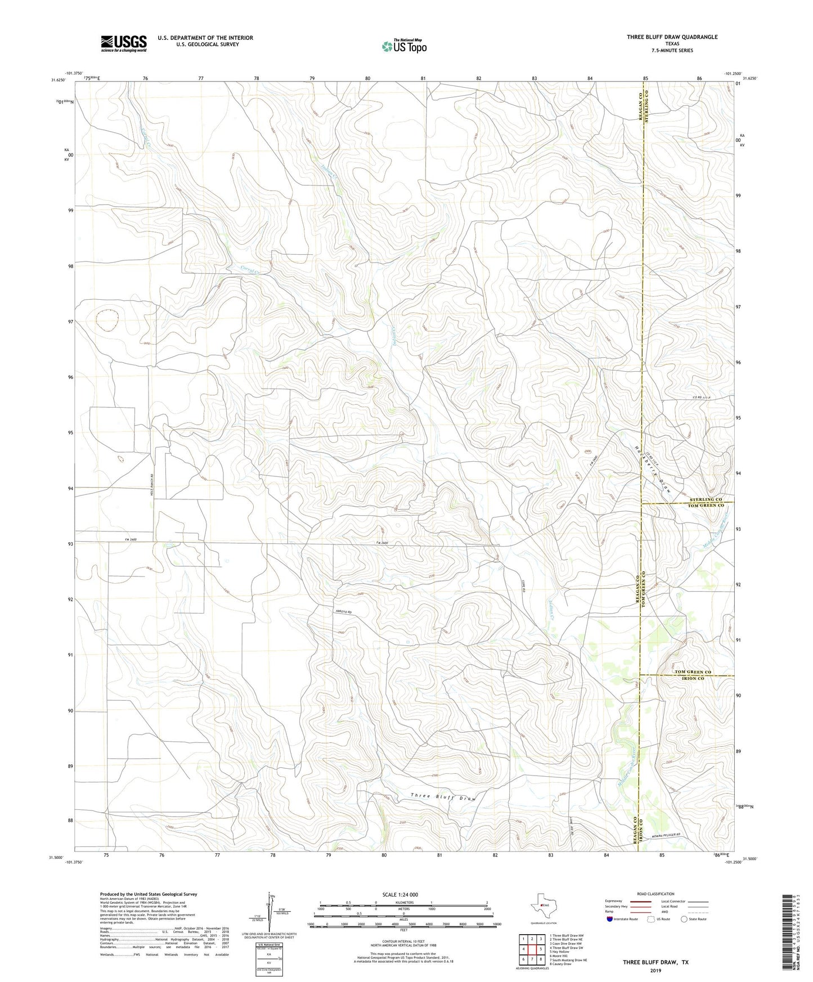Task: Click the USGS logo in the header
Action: pos(124,43)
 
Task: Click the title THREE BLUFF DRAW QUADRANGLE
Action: pos(672,37)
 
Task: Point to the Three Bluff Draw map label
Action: pos(443,798)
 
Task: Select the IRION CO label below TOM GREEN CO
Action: pos(693,679)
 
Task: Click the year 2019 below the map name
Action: pos(655,971)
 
